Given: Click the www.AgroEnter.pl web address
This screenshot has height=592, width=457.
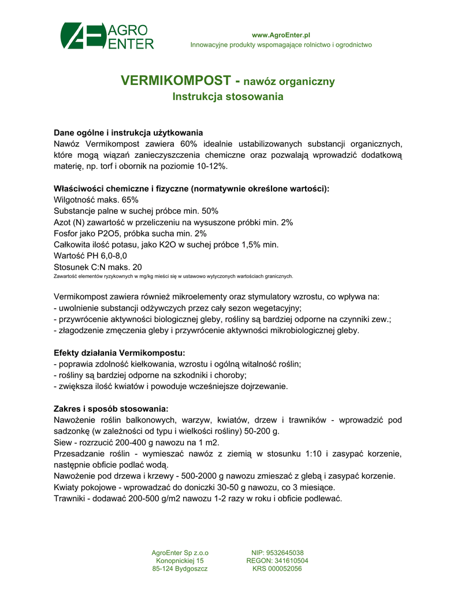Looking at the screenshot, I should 281,35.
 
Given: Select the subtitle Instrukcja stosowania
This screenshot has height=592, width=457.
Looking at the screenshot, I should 228,97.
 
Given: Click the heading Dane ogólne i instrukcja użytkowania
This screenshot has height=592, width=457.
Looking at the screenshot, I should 128,132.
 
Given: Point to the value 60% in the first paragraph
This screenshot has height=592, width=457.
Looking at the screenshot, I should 189,143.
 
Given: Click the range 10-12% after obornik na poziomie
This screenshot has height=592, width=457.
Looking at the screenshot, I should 212,166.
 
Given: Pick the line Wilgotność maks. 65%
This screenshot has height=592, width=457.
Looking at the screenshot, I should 96,199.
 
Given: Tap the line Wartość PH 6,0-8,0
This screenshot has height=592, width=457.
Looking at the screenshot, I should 90,255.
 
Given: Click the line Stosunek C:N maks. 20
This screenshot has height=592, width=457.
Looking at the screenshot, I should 97,267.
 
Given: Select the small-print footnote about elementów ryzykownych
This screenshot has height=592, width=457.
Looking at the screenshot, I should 173,276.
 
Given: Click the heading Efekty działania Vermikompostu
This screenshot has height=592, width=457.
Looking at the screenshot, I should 120,352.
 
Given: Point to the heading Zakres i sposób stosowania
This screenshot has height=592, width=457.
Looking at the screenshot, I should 111,408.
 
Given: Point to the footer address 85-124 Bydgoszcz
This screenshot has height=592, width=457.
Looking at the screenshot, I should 180,569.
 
